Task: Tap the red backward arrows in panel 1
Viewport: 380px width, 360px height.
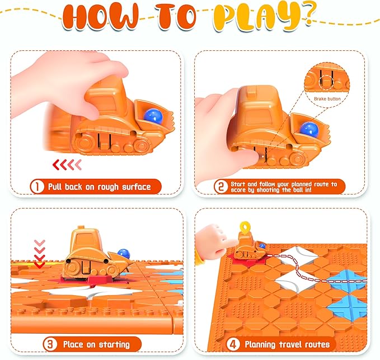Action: pos(67,164)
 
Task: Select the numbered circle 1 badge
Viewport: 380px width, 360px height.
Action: pos(37,186)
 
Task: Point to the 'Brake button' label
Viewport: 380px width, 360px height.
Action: pos(326,98)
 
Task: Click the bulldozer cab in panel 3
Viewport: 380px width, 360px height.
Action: pos(83,240)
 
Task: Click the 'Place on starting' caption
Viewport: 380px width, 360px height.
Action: pos(96,343)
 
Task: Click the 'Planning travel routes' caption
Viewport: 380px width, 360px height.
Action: pos(286,343)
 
